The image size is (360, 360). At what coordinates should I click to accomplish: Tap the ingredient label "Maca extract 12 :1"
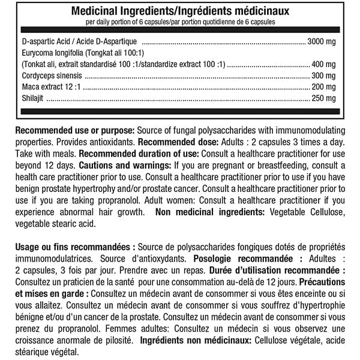click(50, 87)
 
